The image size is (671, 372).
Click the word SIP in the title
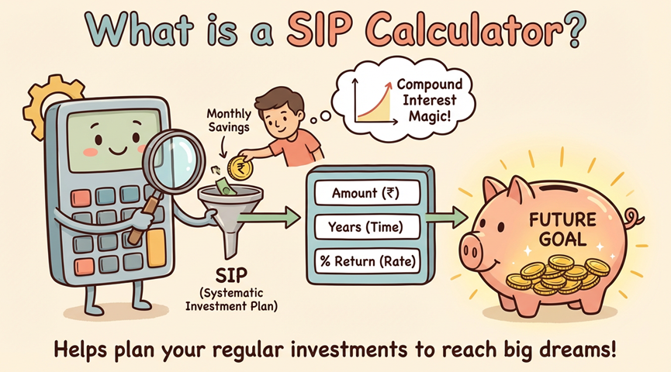[320, 33]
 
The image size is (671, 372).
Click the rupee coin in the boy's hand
[238, 166]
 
